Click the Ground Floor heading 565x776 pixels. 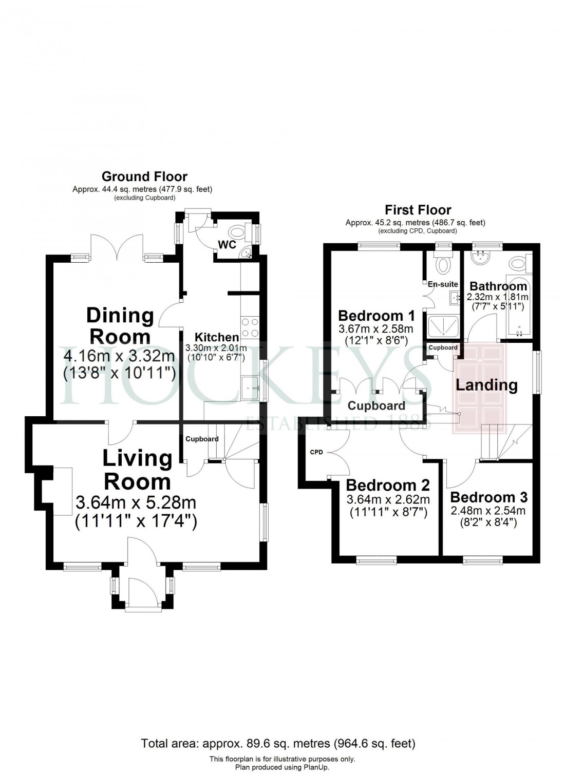pos(144,177)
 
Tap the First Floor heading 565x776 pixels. pos(418,210)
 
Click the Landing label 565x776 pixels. pos(486,385)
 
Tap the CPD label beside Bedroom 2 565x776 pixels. pos(316,452)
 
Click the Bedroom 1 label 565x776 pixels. pos(376,315)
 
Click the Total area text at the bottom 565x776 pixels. pos(278,743)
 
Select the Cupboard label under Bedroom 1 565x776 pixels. pos(376,406)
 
